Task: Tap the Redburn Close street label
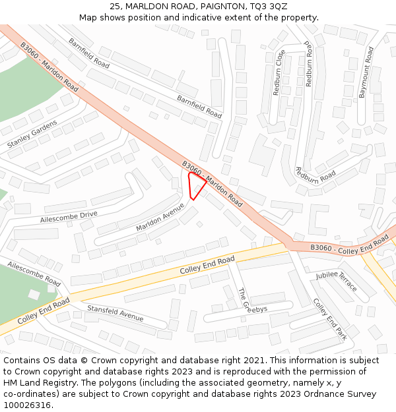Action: [277, 73]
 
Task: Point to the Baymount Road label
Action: [366, 73]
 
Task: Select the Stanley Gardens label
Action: [32, 134]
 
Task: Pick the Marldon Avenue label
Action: [160, 217]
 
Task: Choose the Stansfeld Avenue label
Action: [115, 312]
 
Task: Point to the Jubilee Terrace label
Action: [336, 281]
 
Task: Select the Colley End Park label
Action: [330, 319]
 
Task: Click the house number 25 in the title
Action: [115, 6]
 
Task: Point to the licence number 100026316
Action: [28, 405]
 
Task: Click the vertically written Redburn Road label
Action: [308, 65]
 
